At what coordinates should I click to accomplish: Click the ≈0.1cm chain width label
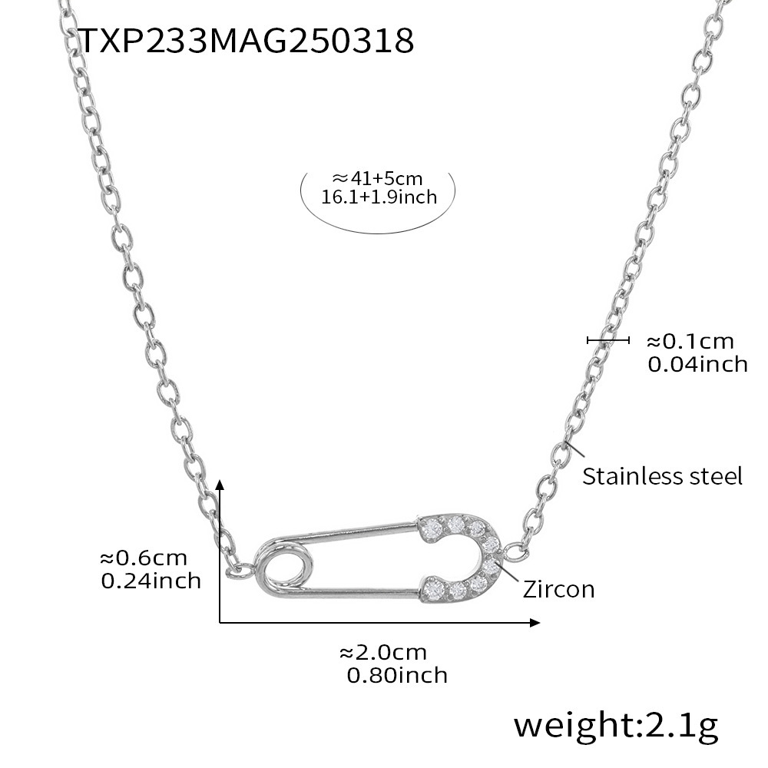click(x=689, y=341)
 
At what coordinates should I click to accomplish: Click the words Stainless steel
click(x=662, y=476)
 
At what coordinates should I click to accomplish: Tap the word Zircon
click(x=558, y=589)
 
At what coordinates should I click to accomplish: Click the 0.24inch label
click(x=151, y=581)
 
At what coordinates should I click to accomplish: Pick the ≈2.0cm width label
click(x=382, y=653)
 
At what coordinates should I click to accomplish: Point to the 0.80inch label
click(x=396, y=675)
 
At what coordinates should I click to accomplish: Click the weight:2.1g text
click(x=616, y=723)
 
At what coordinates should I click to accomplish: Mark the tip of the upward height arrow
click(x=220, y=482)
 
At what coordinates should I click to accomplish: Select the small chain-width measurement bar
click(x=607, y=340)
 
